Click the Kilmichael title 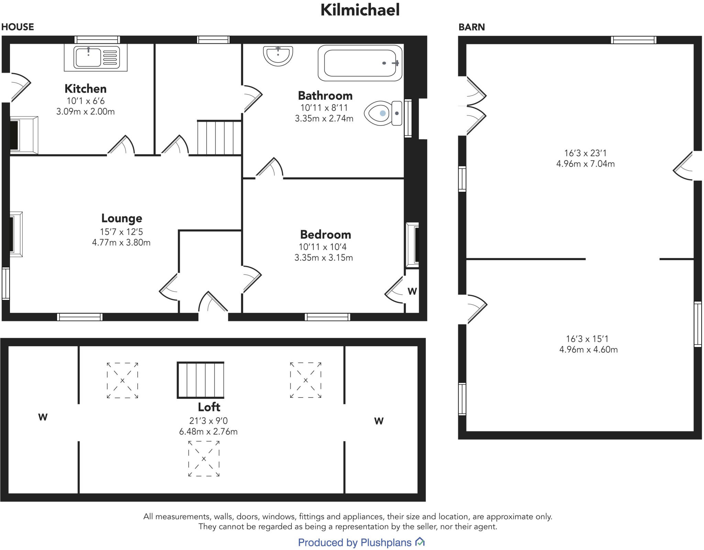[360, 10]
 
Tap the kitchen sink [96, 57]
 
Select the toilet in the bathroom [382, 113]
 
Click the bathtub [360, 63]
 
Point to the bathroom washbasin [278, 55]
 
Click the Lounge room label [121, 218]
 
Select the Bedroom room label [325, 235]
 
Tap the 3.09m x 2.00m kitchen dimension [85, 112]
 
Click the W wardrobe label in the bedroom [412, 291]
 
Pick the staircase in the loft [200, 380]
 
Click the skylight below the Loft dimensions [203, 459]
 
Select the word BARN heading [471, 27]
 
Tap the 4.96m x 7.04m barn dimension [585, 164]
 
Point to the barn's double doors [475, 105]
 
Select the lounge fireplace [16, 234]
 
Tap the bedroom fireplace [412, 245]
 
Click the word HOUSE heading [18, 27]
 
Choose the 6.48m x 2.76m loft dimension [208, 432]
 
